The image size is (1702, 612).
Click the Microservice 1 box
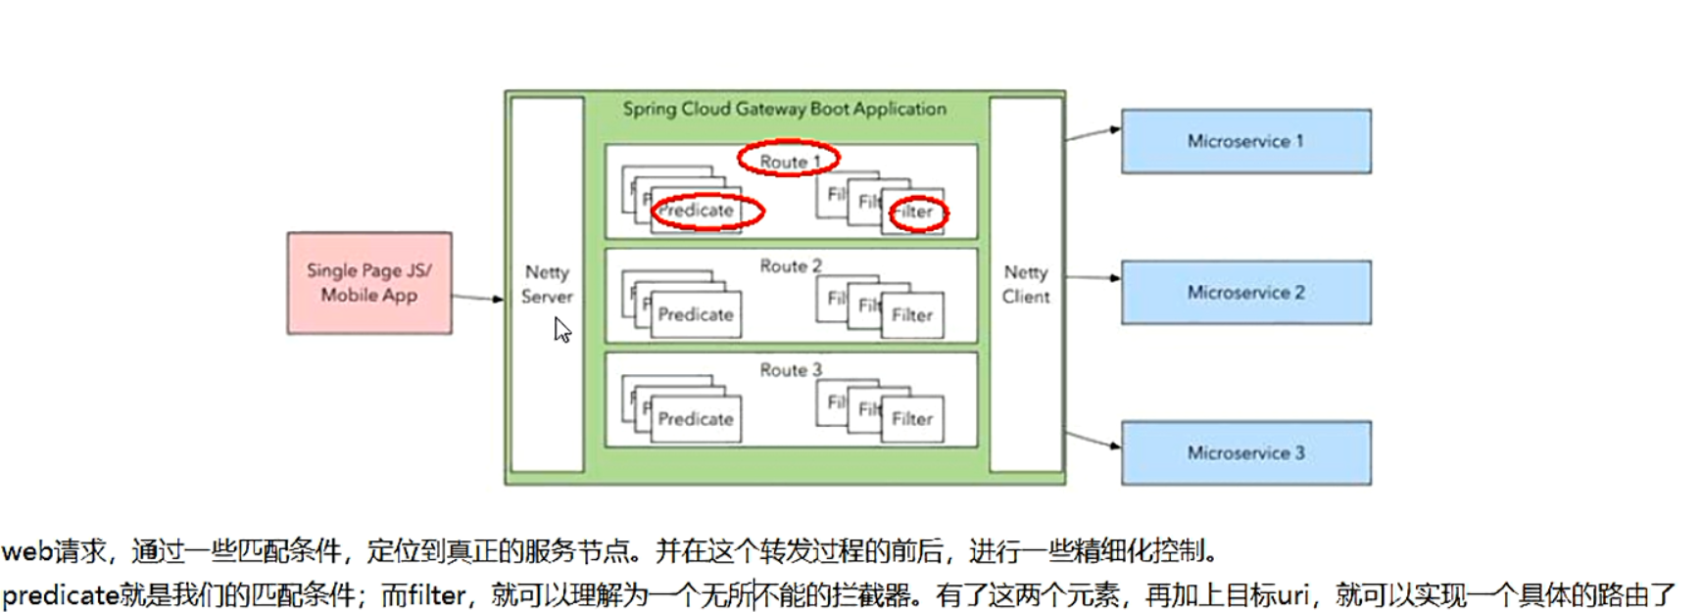click(1245, 141)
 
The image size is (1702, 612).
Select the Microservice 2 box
click(1245, 292)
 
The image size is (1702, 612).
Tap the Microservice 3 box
click(1245, 452)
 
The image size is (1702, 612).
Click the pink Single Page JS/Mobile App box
click(369, 283)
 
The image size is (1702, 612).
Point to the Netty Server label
click(547, 284)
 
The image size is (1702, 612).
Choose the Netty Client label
click(1026, 284)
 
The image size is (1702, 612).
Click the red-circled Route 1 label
click(789, 161)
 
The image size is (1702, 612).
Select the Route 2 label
click(791, 265)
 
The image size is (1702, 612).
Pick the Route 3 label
click(791, 369)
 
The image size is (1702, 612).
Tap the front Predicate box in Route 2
click(696, 314)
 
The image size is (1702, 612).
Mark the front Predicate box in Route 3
click(696, 418)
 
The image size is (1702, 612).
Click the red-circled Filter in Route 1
click(915, 212)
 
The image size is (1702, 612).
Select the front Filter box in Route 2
click(912, 315)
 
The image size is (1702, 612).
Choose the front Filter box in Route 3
click(912, 419)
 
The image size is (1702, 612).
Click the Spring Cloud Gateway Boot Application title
click(785, 109)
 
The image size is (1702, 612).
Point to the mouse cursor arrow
click(561, 330)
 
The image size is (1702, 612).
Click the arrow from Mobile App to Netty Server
click(477, 297)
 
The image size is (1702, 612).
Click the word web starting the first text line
click(27, 551)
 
